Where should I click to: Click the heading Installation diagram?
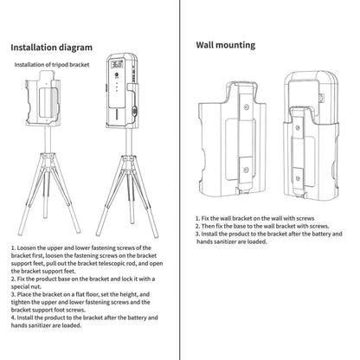[x=52, y=48]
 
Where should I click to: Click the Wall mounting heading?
[x=226, y=45]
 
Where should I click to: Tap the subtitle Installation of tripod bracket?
[x=52, y=65]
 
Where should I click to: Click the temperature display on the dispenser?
[x=118, y=63]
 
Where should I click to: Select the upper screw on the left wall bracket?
[x=246, y=107]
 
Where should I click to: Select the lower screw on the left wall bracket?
[x=246, y=170]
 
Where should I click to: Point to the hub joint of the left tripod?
[x=48, y=157]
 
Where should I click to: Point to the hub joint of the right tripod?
[x=128, y=159]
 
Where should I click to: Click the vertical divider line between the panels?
[x=180, y=180]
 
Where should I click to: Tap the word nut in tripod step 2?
[x=36, y=286]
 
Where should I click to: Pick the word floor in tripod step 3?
[x=89, y=294]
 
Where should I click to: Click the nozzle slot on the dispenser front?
[x=117, y=114]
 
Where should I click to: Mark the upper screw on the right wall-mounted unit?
[x=298, y=127]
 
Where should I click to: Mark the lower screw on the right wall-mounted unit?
[x=299, y=178]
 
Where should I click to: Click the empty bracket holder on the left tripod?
[x=43, y=98]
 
